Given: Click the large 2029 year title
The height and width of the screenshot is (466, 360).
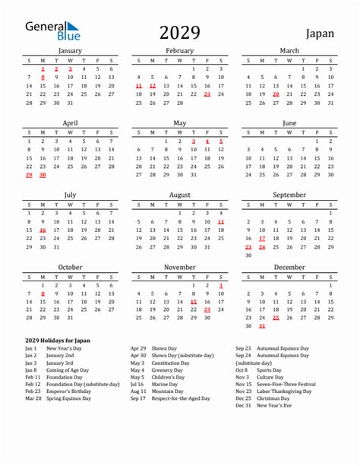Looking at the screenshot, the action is (180, 32).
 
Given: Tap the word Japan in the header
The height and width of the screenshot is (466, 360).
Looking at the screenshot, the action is (323, 33).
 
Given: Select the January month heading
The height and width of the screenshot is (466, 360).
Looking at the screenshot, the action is (70, 51).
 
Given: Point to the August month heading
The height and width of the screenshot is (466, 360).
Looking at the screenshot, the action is (179, 195).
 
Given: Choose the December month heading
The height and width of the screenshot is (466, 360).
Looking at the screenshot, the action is (289, 267).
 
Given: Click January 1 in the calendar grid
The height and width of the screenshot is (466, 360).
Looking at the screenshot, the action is (43, 68).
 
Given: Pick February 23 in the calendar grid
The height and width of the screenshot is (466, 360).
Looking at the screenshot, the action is (207, 94).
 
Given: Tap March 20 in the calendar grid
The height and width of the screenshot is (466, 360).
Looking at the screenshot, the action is (276, 94).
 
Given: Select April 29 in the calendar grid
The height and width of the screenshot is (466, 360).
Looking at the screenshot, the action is (29, 175).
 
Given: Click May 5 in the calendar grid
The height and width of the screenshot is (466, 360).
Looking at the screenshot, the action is (221, 141).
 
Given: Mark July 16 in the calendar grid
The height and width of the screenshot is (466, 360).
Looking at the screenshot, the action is (43, 230).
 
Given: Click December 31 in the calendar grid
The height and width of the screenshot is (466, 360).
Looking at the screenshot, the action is (262, 327).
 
